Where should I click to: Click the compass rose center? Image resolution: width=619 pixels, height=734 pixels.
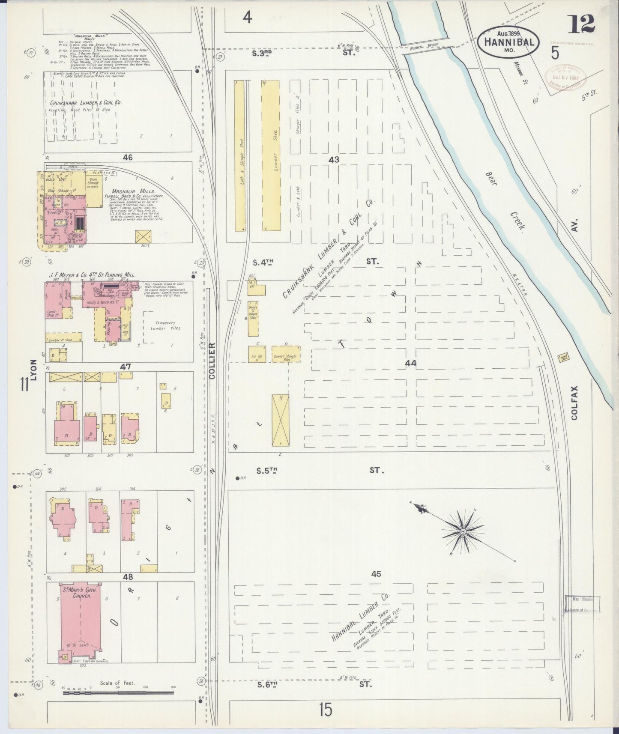click(463, 532)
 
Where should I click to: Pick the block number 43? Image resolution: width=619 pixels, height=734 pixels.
click(334, 160)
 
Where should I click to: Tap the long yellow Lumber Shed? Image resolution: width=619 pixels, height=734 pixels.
click(270, 155)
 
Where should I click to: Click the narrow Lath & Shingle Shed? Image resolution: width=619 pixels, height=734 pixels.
click(239, 155)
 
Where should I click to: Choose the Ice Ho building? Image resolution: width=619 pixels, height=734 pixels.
click(257, 354)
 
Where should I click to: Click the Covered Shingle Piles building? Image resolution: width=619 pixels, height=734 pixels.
click(286, 354)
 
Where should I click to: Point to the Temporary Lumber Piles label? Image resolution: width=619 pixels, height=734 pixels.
click(165, 325)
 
